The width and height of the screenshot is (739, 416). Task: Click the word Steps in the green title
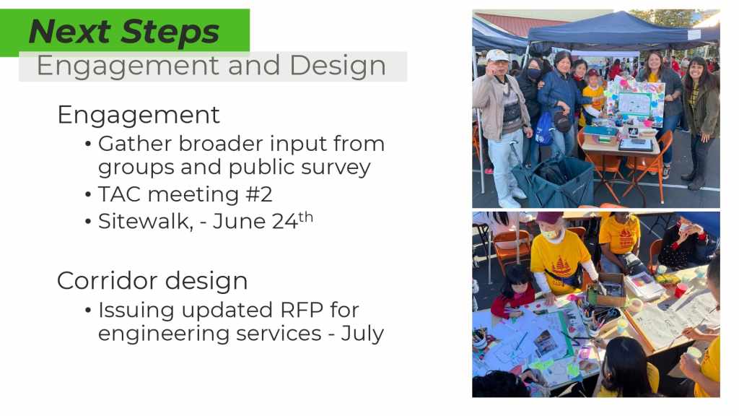(x=170, y=32)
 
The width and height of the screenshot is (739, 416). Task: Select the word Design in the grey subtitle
(x=338, y=65)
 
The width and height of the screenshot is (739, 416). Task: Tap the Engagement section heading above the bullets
(x=139, y=115)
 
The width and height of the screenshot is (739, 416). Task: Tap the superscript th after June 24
(x=305, y=217)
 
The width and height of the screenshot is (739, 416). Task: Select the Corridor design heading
(x=152, y=281)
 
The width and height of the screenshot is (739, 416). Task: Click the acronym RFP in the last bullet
(x=302, y=311)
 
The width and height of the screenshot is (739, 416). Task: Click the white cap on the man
(x=498, y=55)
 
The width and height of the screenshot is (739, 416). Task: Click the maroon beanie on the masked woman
(x=549, y=217)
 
